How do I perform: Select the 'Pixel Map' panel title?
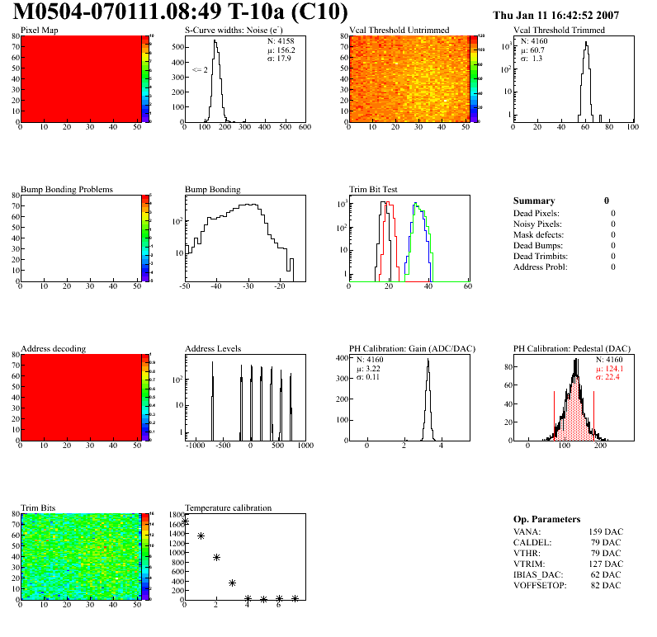pos(40,31)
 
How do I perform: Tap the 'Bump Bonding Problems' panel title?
pos(67,190)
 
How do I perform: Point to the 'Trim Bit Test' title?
pos(374,190)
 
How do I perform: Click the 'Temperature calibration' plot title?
pos(229,507)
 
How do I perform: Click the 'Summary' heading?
pos(534,201)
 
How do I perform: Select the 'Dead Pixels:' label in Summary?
pos(537,213)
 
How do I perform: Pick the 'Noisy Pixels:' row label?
pos(537,224)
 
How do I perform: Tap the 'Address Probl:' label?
pos(540,267)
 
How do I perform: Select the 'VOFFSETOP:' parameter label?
pos(538,585)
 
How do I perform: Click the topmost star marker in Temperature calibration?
pos(185,521)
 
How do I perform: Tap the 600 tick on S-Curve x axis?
pos(305,127)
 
